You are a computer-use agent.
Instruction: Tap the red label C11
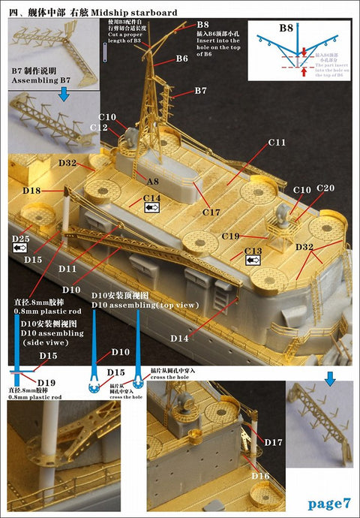pyautogui.click(x=277, y=142)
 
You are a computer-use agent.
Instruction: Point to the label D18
pyautogui.click(x=31, y=191)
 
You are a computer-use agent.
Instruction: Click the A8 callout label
pyautogui.click(x=153, y=181)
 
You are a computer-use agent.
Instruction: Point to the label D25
pyautogui.click(x=21, y=239)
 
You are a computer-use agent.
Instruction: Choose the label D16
pyautogui.click(x=260, y=476)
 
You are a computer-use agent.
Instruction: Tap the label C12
pyautogui.click(x=100, y=128)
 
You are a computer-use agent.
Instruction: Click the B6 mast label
pyautogui.click(x=181, y=59)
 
